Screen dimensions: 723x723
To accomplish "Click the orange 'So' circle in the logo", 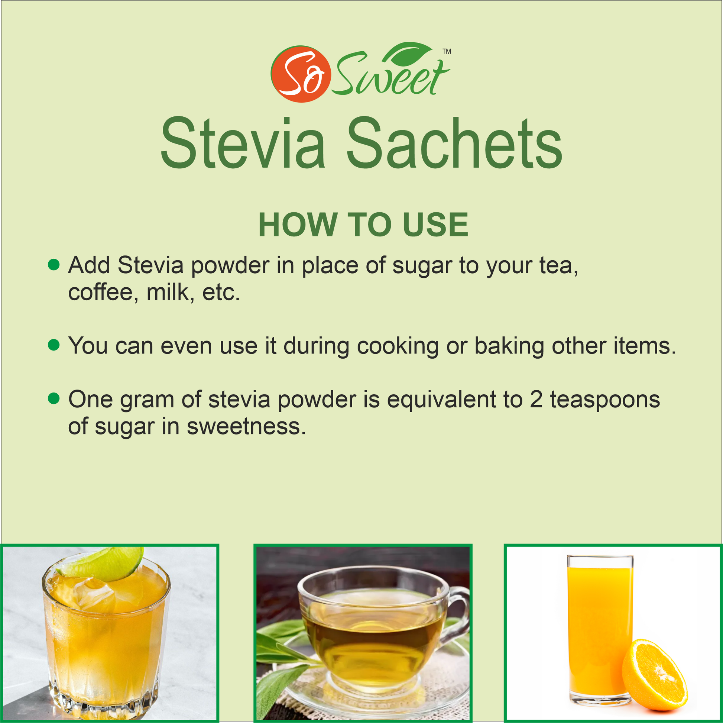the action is pyautogui.click(x=301, y=74).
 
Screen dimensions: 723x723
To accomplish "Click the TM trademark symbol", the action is pyautogui.click(x=447, y=51).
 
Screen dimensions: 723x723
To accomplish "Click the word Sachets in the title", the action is pyautogui.click(x=454, y=143).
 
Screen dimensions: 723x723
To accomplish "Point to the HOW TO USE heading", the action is pyautogui.click(x=363, y=225).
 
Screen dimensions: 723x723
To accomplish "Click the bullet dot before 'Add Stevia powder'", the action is pyautogui.click(x=54, y=265).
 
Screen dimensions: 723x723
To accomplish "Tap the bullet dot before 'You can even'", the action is pyautogui.click(x=54, y=345).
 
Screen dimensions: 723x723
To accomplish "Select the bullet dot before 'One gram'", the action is pyautogui.click(x=54, y=399).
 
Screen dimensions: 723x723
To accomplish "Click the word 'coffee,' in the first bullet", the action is pyautogui.click(x=103, y=292).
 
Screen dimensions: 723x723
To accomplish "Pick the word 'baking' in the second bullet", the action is pyautogui.click(x=509, y=346).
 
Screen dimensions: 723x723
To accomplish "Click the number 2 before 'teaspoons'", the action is pyautogui.click(x=536, y=399).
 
